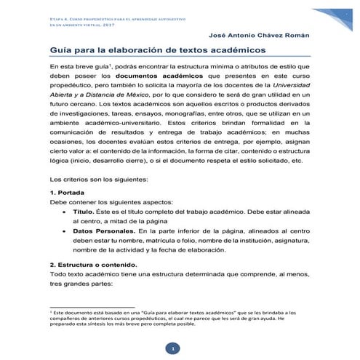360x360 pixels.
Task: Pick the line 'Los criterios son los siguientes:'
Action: point(100,178)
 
